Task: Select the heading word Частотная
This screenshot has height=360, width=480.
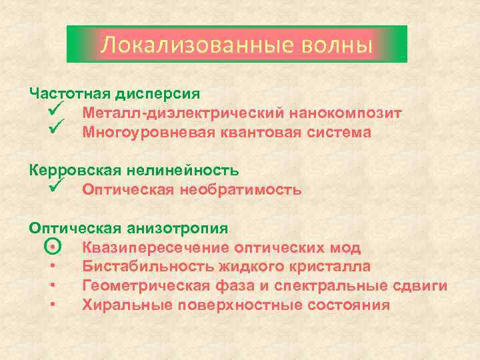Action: click(70, 94)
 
